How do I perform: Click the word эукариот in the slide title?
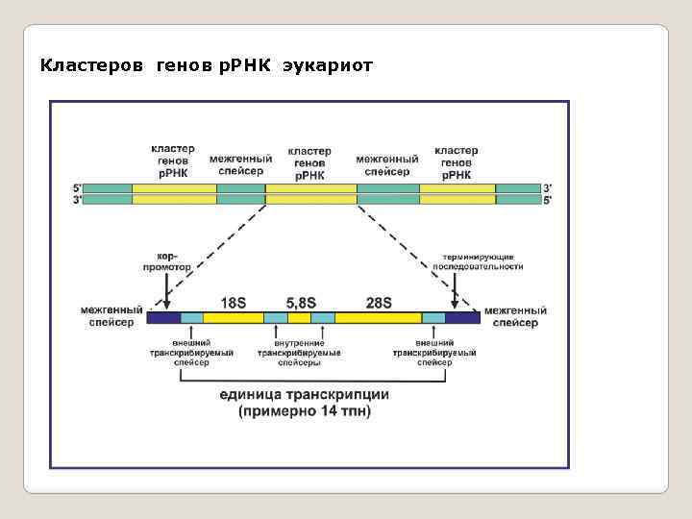pos(328,66)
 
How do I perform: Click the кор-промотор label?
pos(167,261)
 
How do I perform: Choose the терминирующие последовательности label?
pos(482,261)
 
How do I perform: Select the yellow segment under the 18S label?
pos(234,317)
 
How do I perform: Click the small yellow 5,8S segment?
pos(300,317)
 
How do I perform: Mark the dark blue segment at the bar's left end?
pos(164,317)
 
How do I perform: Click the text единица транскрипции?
pos(305,394)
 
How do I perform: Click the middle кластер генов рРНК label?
pos(309,163)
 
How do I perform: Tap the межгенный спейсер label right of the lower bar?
pos(515,317)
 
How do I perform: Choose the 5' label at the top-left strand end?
pos(78,187)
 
